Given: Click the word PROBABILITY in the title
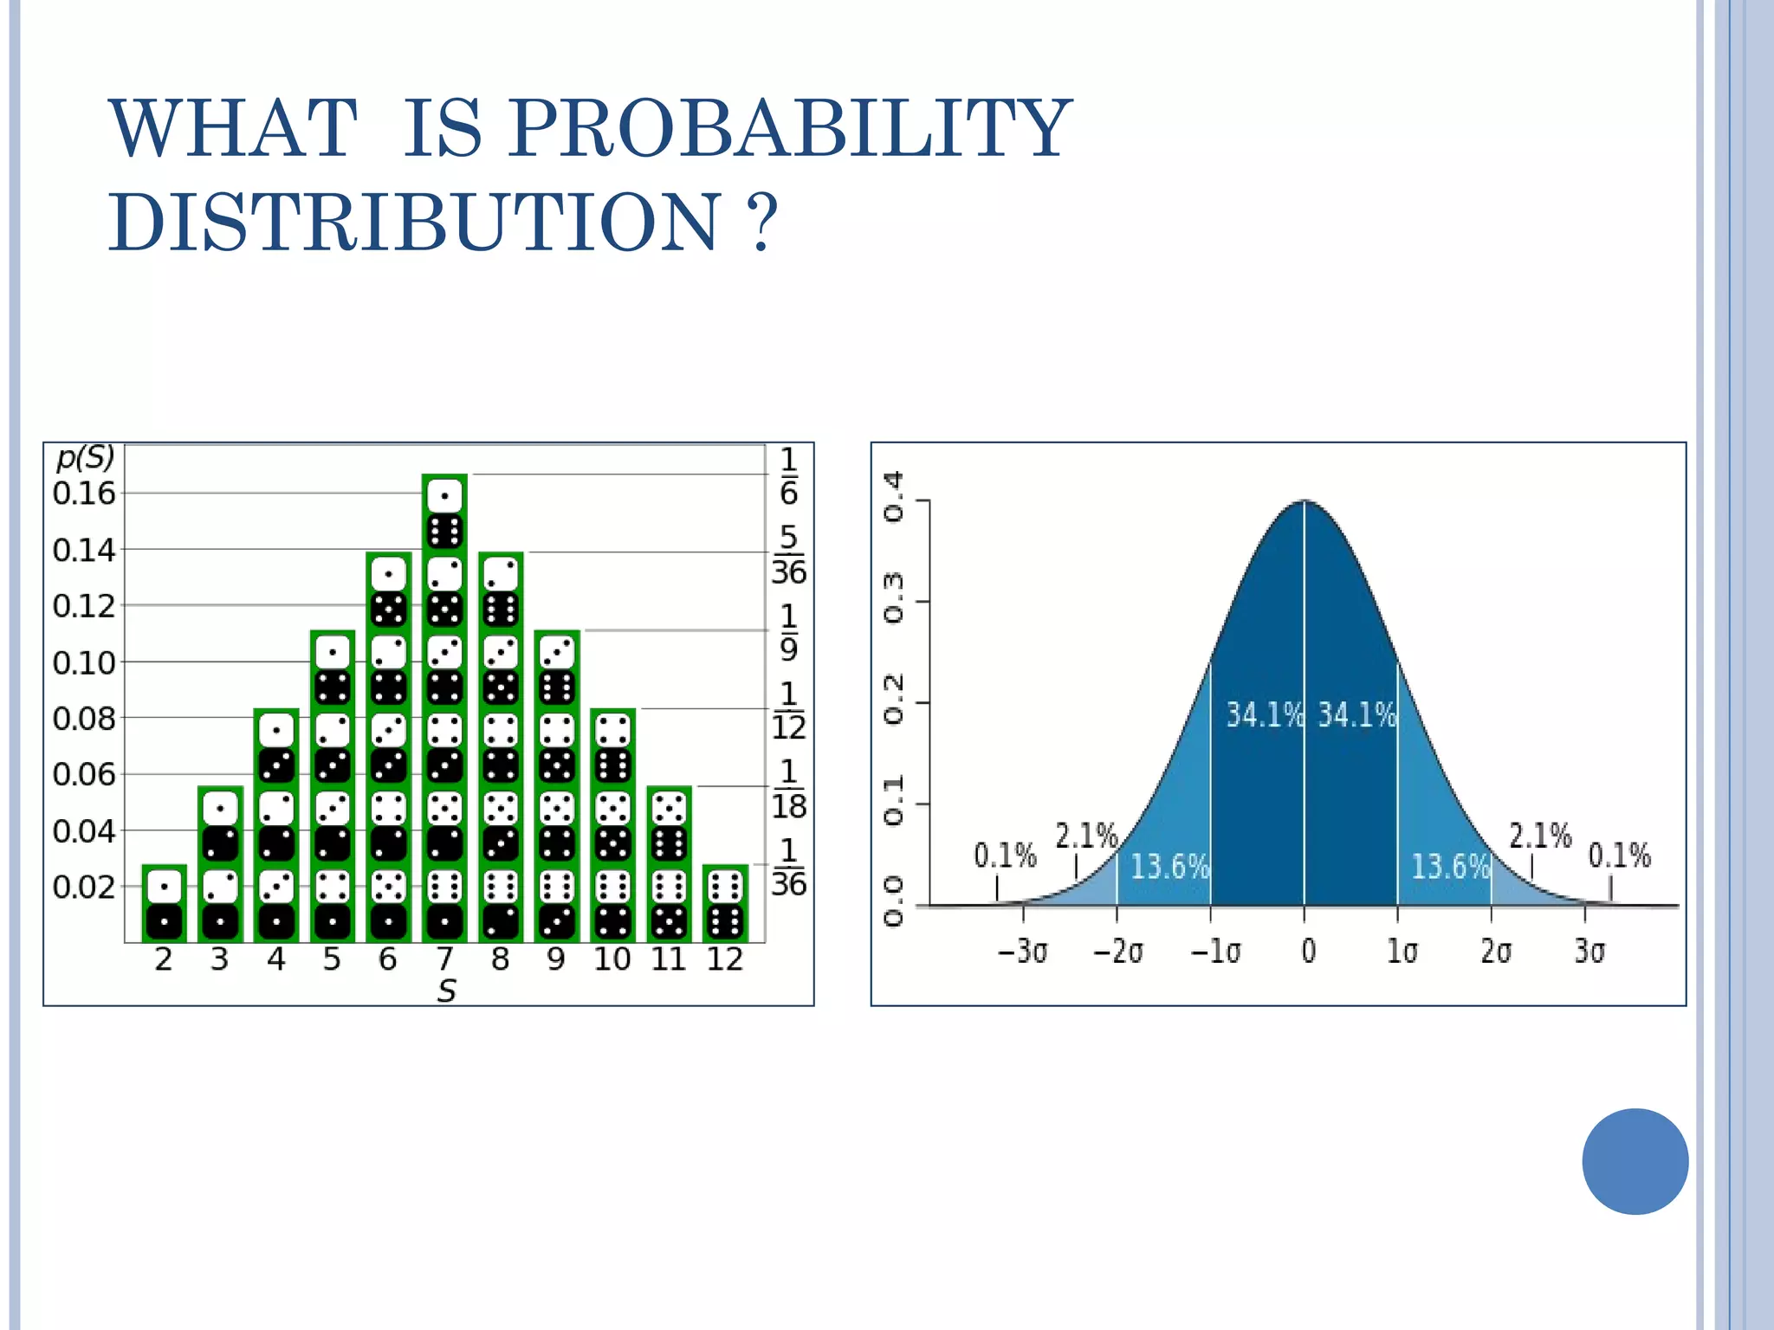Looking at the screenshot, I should point(788,130).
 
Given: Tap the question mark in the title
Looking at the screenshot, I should point(761,223).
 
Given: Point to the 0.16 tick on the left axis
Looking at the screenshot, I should point(84,494).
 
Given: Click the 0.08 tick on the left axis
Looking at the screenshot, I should point(84,719).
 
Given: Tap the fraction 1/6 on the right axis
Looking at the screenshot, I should point(788,475).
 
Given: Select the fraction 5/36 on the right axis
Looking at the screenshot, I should point(788,555).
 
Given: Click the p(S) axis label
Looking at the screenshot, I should point(85,457).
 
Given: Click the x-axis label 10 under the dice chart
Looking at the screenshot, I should point(612,959).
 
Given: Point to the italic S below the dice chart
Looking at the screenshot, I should point(446,991).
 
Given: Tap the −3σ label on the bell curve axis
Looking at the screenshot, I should point(1022,952).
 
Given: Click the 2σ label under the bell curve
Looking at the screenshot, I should point(1495,952).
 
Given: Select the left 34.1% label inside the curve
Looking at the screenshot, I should point(1264,715).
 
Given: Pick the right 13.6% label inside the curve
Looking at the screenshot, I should point(1450,866).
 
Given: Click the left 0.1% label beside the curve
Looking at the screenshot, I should point(1005,856).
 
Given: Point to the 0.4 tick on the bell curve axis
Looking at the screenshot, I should point(893,497).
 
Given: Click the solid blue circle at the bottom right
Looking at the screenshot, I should point(1635,1161).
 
